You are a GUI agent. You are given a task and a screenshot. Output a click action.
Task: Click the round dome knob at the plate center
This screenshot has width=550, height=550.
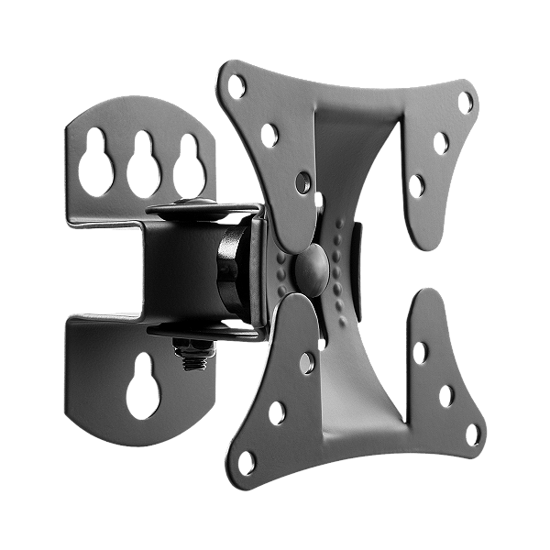[x=312, y=265]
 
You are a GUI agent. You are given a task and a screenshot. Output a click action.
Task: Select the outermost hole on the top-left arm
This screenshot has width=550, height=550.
[x=237, y=87]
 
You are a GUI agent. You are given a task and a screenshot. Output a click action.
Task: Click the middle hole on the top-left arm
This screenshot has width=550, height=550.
[x=269, y=135]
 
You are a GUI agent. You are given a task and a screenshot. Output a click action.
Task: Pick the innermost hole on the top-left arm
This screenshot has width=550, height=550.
[x=302, y=181]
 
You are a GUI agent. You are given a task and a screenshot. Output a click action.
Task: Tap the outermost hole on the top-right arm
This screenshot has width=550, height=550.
[x=466, y=101]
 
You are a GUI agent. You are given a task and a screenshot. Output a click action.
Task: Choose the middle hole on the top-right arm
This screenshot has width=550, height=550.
[x=442, y=143]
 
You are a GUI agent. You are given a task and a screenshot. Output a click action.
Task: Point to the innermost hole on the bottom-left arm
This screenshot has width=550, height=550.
[x=306, y=364]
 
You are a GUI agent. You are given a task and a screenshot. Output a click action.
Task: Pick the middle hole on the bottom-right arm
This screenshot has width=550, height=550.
[x=446, y=394]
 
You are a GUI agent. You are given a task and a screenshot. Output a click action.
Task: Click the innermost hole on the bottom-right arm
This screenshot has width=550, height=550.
[x=421, y=352]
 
